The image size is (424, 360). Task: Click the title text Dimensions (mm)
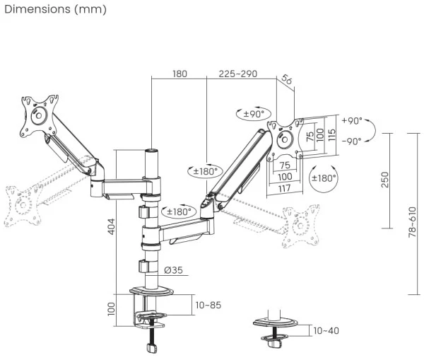(55, 9)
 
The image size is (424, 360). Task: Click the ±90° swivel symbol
(252, 113)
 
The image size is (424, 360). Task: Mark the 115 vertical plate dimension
(333, 135)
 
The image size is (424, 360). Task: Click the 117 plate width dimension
(285, 187)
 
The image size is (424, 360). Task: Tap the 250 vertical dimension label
(384, 179)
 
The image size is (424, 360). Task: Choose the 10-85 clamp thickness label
(208, 304)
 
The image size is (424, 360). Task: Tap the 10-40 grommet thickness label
(326, 330)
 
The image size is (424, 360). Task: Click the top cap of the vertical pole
(151, 152)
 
